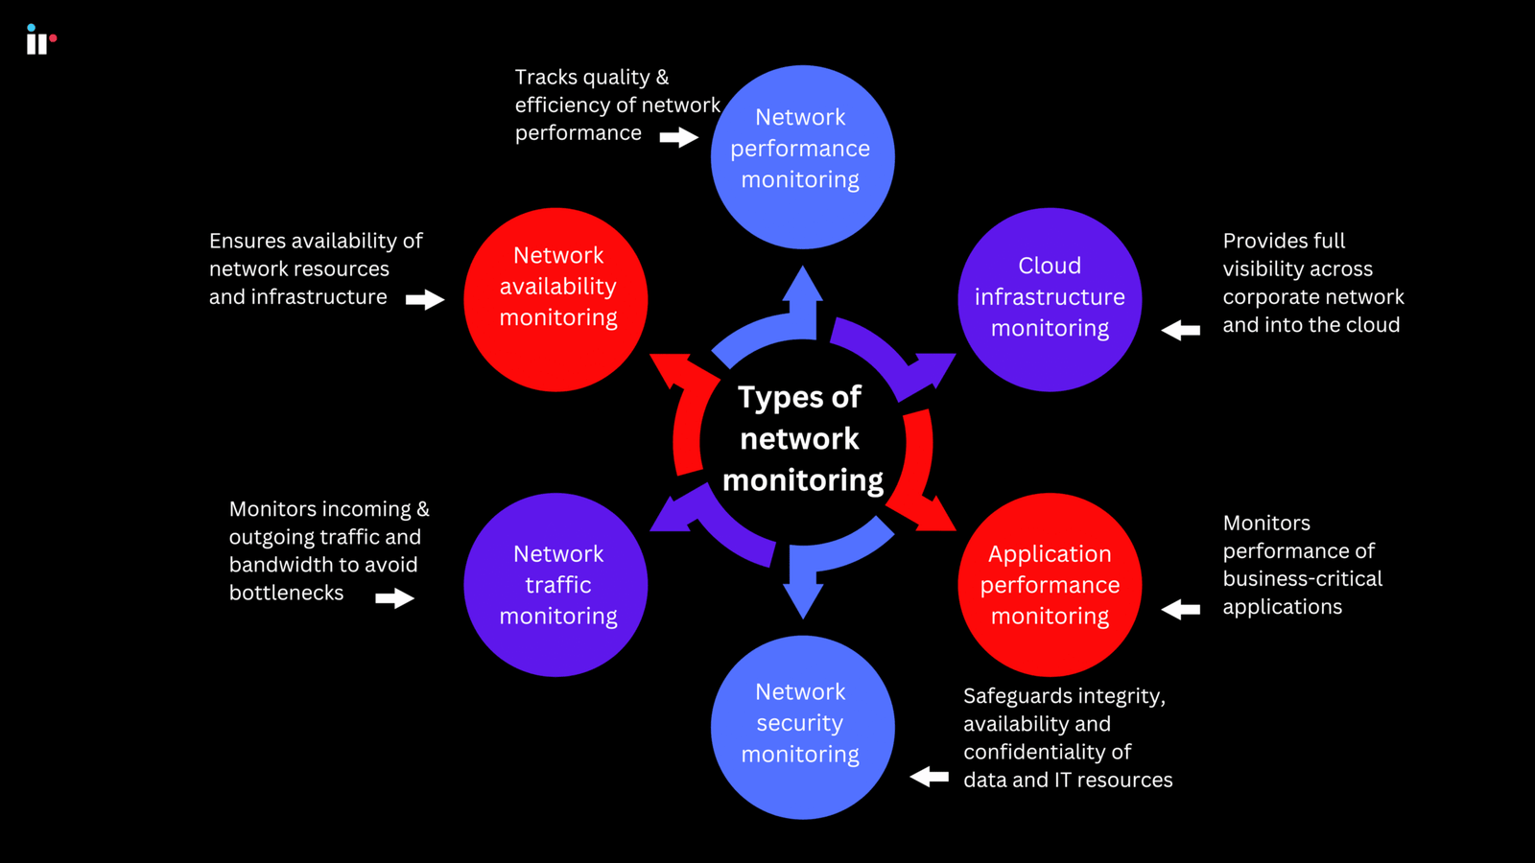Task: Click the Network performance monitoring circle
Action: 802,156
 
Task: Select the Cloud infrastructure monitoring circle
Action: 1050,298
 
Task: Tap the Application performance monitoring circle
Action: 1050,584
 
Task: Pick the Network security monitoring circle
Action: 802,726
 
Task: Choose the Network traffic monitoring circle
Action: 555,584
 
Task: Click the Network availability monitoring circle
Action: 555,298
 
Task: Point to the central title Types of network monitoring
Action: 802,439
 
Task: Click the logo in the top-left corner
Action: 39,40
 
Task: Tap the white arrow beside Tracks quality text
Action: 679,137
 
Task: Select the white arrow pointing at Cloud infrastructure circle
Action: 1181,330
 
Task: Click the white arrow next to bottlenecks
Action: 394,598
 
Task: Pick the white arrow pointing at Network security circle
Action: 929,776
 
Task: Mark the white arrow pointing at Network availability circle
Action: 424,300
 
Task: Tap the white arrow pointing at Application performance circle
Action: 1181,609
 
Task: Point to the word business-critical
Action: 1302,579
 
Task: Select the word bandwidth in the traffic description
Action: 274,565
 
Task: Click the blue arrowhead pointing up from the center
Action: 802,285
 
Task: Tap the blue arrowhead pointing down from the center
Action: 802,599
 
